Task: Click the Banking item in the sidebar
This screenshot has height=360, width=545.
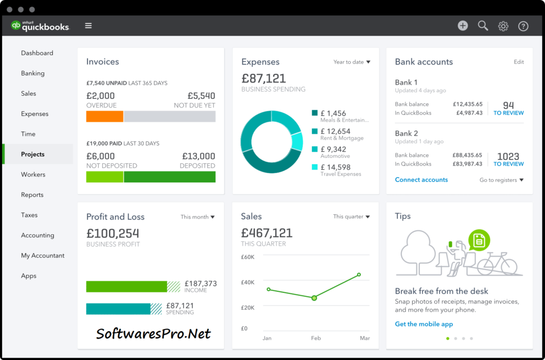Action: pyautogui.click(x=32, y=73)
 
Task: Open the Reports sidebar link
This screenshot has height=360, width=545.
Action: pyautogui.click(x=32, y=195)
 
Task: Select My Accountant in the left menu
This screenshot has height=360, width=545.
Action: pyautogui.click(x=43, y=255)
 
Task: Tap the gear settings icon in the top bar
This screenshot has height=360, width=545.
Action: pyautogui.click(x=503, y=26)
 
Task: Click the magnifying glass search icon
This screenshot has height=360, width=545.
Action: pyautogui.click(x=483, y=26)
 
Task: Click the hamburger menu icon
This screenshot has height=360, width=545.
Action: pyautogui.click(x=88, y=26)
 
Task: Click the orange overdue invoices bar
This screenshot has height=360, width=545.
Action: pyautogui.click(x=105, y=116)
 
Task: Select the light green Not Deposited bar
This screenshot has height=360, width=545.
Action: pyautogui.click(x=105, y=177)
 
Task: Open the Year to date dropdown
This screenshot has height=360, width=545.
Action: pyautogui.click(x=352, y=62)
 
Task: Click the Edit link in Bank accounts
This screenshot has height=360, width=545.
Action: pyautogui.click(x=518, y=62)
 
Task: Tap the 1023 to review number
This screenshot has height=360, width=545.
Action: pyautogui.click(x=508, y=156)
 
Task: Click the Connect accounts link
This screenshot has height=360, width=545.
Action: pyautogui.click(x=421, y=180)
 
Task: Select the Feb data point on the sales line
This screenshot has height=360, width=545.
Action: pyautogui.click(x=314, y=298)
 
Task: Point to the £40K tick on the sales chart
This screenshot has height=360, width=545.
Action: pyautogui.click(x=248, y=282)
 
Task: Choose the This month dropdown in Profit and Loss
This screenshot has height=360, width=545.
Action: pyautogui.click(x=197, y=217)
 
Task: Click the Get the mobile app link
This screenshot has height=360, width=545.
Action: pyautogui.click(x=424, y=324)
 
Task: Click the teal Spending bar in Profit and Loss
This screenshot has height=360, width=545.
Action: pyautogui.click(x=118, y=309)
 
